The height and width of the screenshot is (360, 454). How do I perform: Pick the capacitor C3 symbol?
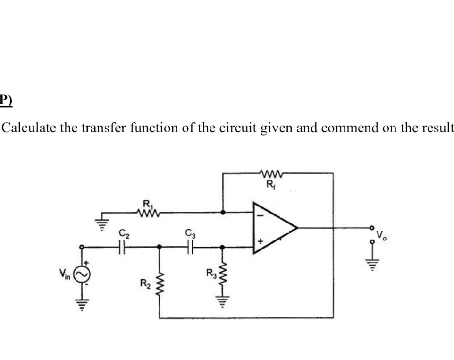(191, 246)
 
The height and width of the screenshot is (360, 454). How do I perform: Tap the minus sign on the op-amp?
(259, 214)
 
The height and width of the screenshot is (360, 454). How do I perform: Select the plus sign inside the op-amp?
(260, 242)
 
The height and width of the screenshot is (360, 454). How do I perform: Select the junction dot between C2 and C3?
(160, 246)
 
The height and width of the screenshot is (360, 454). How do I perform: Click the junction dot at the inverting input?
(223, 212)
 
